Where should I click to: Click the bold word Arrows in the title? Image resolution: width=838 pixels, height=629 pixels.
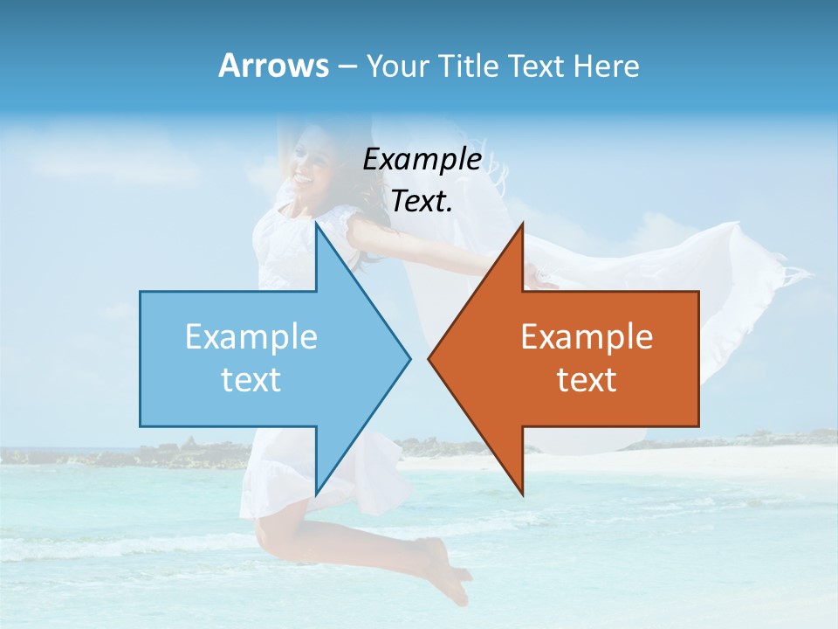click(x=272, y=66)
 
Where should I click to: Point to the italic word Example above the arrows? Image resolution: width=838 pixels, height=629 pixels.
click(x=422, y=159)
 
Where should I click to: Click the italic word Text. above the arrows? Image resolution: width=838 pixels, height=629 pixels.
click(x=422, y=202)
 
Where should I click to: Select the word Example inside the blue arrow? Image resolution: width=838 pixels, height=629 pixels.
click(x=251, y=336)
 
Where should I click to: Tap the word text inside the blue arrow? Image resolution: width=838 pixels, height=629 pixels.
click(x=251, y=379)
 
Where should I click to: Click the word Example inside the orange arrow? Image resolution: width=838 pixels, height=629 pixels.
click(x=587, y=336)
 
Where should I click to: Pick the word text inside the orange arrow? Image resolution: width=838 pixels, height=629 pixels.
click(x=587, y=379)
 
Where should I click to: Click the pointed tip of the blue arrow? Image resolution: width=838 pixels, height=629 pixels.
click(x=409, y=357)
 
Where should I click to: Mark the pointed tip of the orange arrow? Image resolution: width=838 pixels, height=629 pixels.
click(x=429, y=357)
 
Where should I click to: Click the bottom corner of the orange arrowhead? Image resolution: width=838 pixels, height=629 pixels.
click(x=522, y=493)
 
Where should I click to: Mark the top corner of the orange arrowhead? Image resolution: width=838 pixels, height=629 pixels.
click(x=522, y=224)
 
